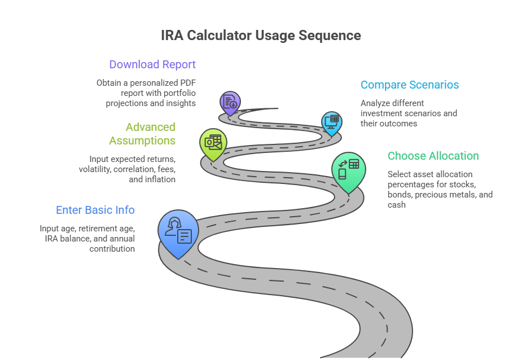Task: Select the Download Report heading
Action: click(x=152, y=64)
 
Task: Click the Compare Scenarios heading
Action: click(x=410, y=85)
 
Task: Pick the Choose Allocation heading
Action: click(x=433, y=156)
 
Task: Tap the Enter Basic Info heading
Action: click(x=95, y=210)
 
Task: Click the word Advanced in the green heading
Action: click(x=151, y=127)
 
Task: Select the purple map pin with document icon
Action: click(x=230, y=103)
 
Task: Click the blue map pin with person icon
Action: click(x=178, y=233)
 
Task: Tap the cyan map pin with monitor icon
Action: click(x=332, y=122)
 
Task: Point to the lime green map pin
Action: click(x=213, y=144)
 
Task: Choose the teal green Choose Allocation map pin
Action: click(x=349, y=171)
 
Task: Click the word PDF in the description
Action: click(x=188, y=83)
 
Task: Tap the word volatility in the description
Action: click(x=95, y=169)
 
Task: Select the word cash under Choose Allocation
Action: click(x=397, y=205)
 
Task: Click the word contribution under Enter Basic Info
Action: click(x=112, y=249)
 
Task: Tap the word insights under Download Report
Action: click(x=181, y=104)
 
